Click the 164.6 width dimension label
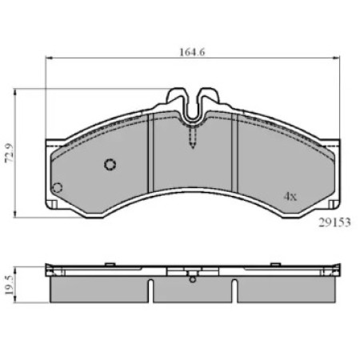point(192,52)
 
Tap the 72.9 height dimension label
point(9,153)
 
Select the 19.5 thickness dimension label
point(9,285)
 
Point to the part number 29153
point(334,222)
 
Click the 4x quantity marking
point(290,197)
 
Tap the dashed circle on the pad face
point(110,165)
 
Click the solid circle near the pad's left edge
point(57,188)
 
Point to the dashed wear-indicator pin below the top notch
point(193,138)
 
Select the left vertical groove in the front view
point(150,153)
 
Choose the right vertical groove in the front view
point(234,153)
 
